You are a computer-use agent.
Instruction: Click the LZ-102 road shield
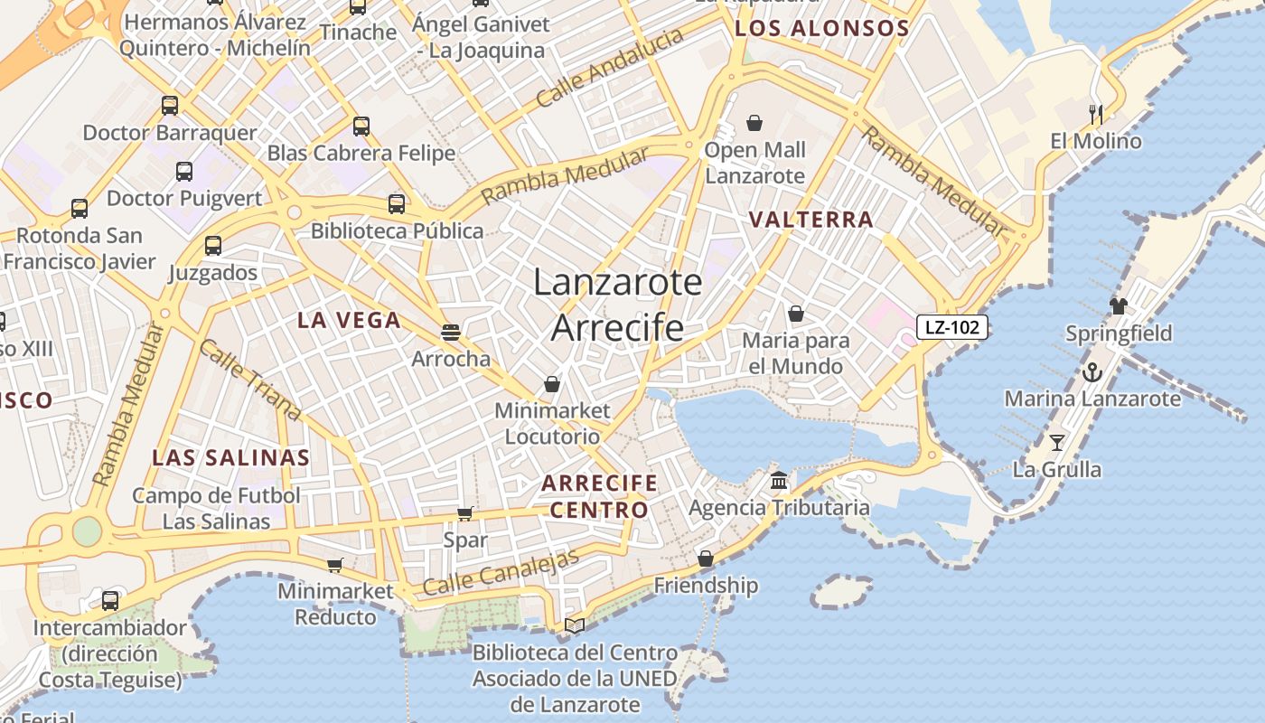[x=952, y=327]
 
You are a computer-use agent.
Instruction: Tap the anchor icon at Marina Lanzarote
[x=1092, y=372]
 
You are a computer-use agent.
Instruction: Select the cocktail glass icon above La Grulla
[x=1056, y=443]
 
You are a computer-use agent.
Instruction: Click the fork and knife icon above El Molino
[x=1096, y=114]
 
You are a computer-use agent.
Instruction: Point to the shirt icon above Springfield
[x=1119, y=306]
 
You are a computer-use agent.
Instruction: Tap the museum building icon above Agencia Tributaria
[x=779, y=480]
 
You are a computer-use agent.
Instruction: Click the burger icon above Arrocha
[x=451, y=332]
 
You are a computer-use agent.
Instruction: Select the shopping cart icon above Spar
[x=464, y=514]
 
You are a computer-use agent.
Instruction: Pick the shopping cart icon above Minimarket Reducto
[x=335, y=565]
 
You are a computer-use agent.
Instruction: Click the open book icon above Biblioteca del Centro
[x=575, y=625]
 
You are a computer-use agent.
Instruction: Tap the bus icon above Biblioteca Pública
[x=397, y=204]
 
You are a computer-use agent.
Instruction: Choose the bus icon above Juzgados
[x=213, y=246]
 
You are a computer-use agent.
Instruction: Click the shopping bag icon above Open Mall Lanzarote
[x=754, y=123]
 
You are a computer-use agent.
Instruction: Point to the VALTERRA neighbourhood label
[x=811, y=220]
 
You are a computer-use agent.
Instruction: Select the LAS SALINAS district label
[x=230, y=457]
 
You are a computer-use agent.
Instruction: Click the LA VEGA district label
[x=349, y=320]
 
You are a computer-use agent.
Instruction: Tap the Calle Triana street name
[x=249, y=380]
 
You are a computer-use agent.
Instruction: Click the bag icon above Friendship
[x=706, y=559]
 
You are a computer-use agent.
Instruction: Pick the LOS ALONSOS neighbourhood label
[x=821, y=28]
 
